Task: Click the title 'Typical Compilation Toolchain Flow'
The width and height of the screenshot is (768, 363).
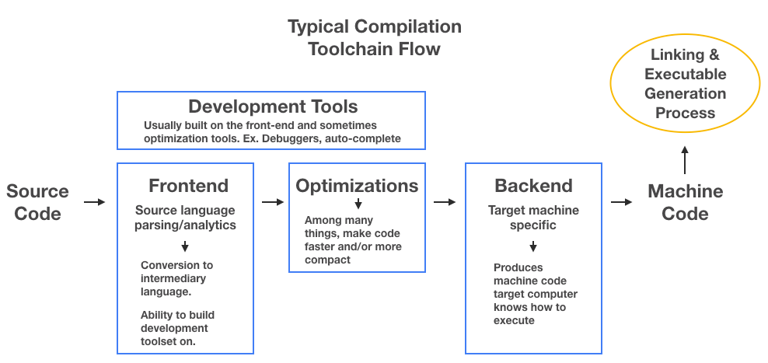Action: click(374, 37)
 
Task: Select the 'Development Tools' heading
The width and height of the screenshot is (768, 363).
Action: click(273, 106)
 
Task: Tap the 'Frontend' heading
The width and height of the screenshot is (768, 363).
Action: click(188, 186)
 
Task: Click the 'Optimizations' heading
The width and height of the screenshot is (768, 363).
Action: click(357, 186)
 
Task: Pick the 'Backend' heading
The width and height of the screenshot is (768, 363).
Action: click(533, 186)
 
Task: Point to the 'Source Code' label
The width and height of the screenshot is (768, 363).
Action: click(37, 202)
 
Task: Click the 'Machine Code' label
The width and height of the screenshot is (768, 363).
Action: click(685, 202)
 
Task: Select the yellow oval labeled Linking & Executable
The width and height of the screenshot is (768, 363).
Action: click(685, 84)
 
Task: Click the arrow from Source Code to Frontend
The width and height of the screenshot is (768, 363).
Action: click(94, 202)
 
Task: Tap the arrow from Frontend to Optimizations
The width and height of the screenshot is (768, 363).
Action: click(273, 202)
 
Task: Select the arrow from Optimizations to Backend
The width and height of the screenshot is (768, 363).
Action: click(445, 202)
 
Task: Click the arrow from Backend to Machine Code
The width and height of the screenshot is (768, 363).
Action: click(621, 202)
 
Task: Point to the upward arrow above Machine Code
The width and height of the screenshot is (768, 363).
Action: click(685, 162)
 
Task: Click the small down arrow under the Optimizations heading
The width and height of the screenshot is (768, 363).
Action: click(358, 204)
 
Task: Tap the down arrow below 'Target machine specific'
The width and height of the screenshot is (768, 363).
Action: click(533, 247)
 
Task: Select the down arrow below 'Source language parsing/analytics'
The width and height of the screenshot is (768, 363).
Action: click(185, 246)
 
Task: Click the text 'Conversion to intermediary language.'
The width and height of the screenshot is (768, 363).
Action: click(176, 279)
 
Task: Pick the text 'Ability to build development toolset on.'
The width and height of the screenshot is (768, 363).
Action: click(177, 328)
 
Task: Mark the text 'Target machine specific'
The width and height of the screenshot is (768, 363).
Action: click(533, 218)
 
